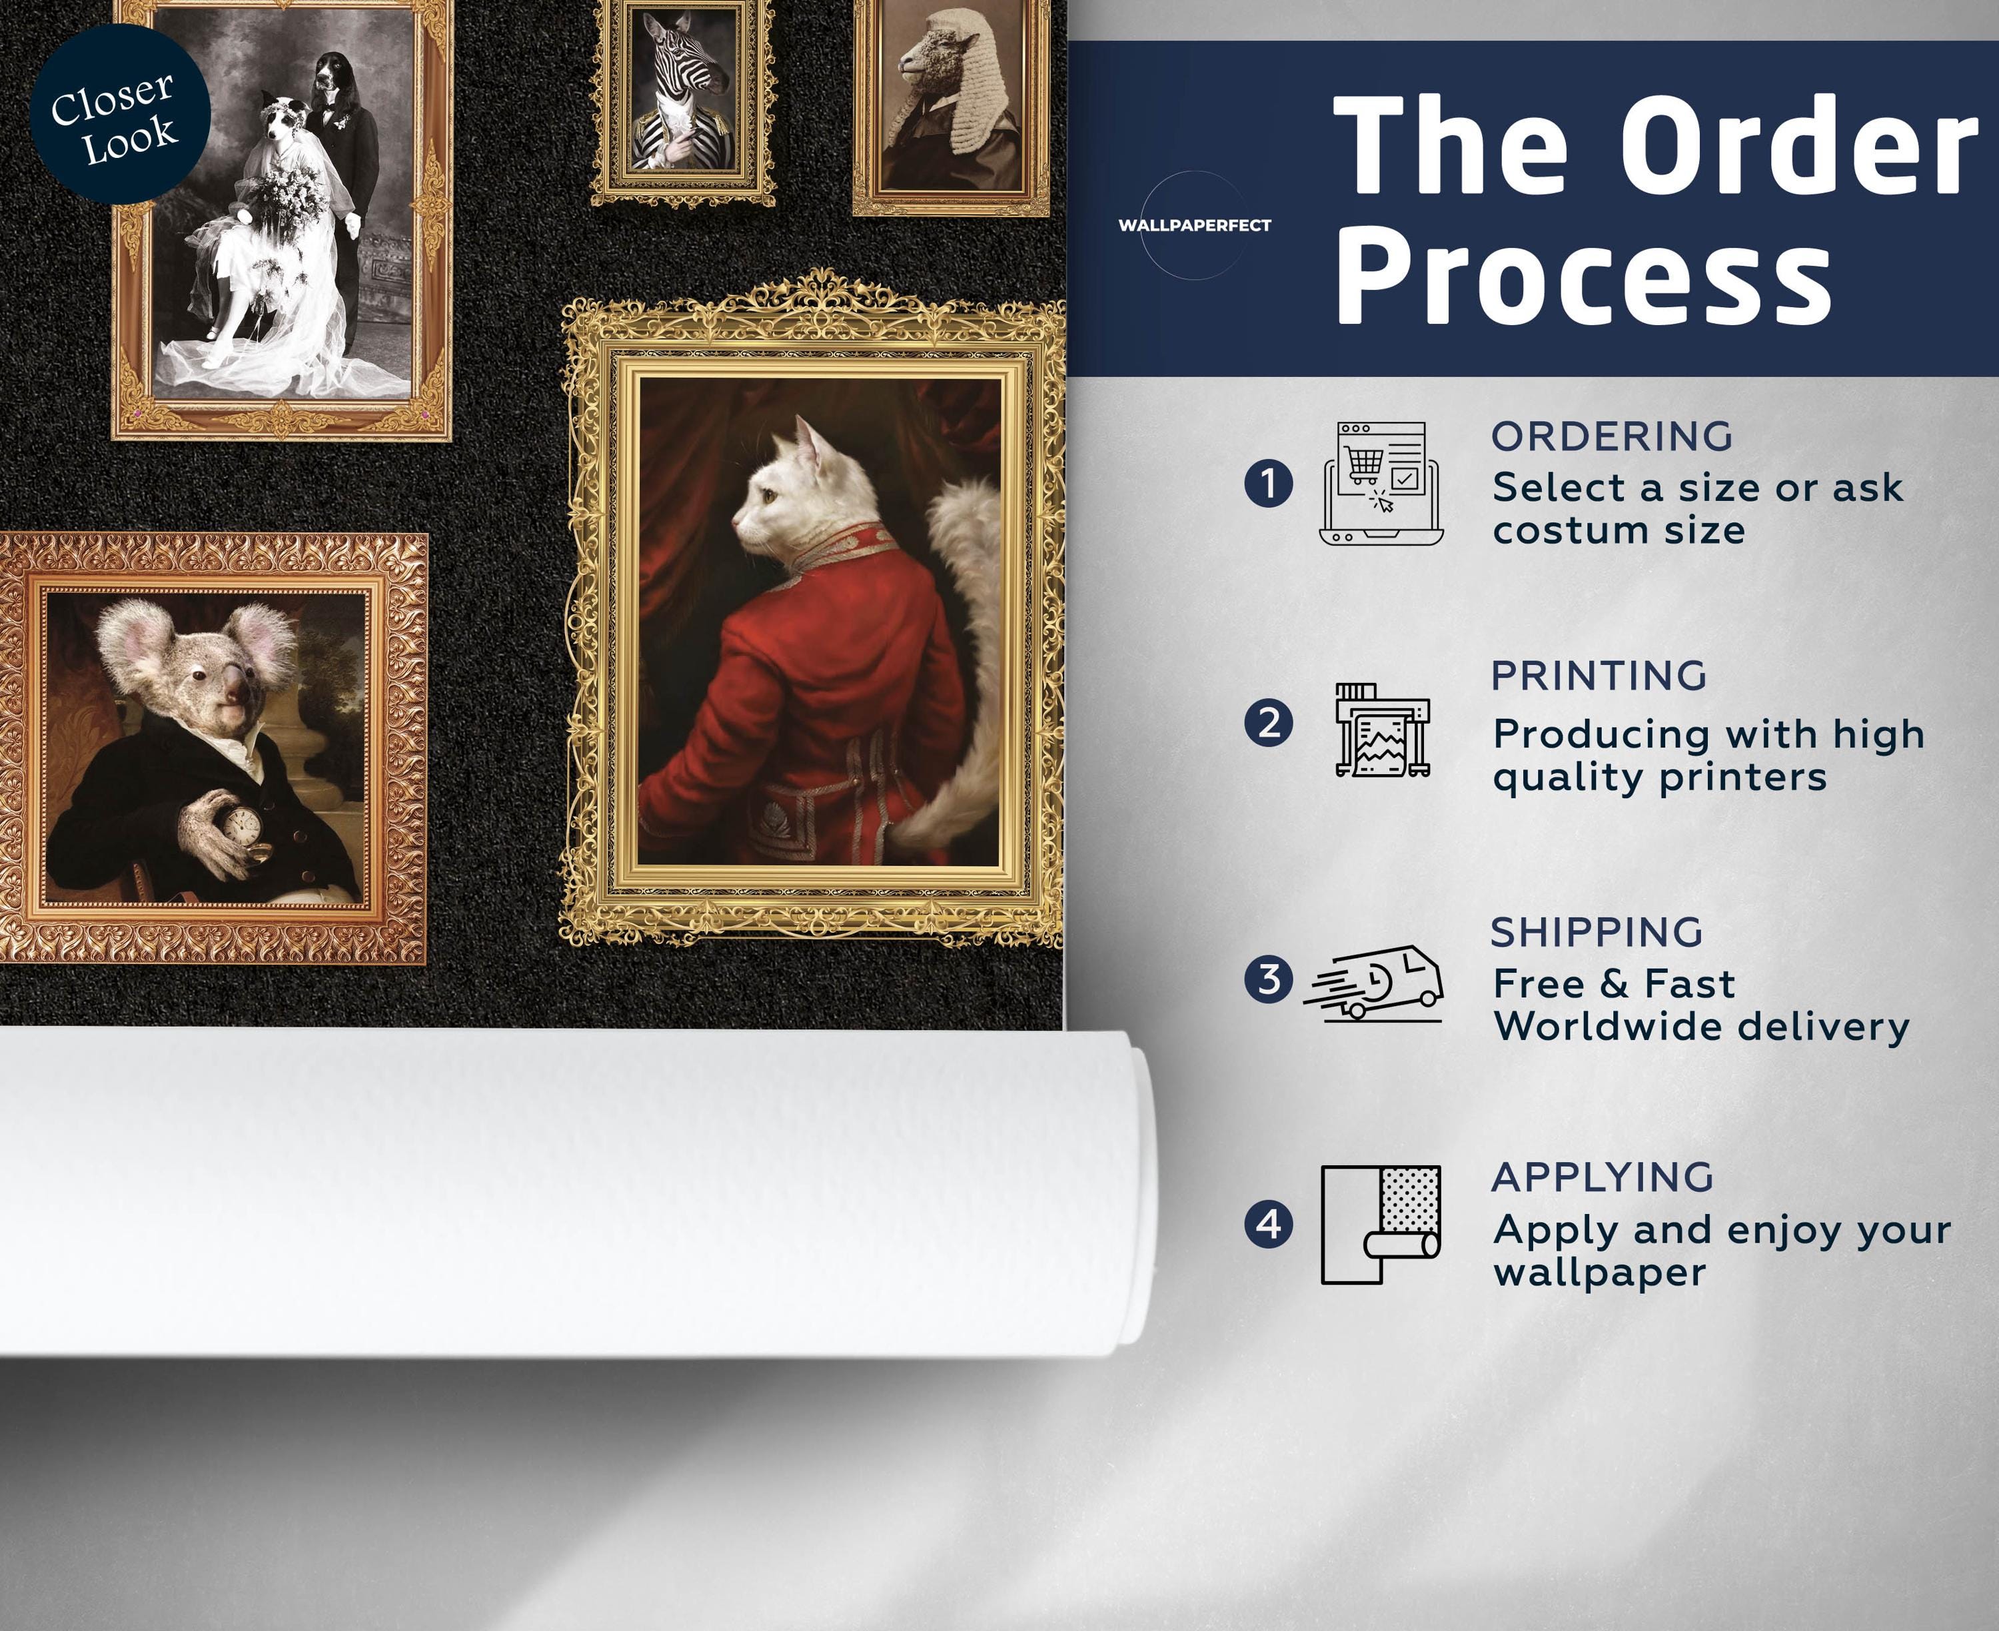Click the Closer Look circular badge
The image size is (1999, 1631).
(x=119, y=115)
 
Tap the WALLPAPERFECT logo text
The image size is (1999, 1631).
(x=1194, y=225)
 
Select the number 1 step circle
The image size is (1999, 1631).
(x=1268, y=483)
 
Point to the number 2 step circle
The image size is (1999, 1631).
(x=1268, y=724)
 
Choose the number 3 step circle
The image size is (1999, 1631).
(x=1268, y=979)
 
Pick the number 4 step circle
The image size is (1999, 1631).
(x=1268, y=1224)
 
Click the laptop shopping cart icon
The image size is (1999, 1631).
(x=1381, y=483)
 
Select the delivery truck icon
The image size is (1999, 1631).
(x=1373, y=983)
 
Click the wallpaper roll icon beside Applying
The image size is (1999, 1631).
(x=1381, y=1224)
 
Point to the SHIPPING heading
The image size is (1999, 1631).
(x=1597, y=933)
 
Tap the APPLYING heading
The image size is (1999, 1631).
(x=1603, y=1177)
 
